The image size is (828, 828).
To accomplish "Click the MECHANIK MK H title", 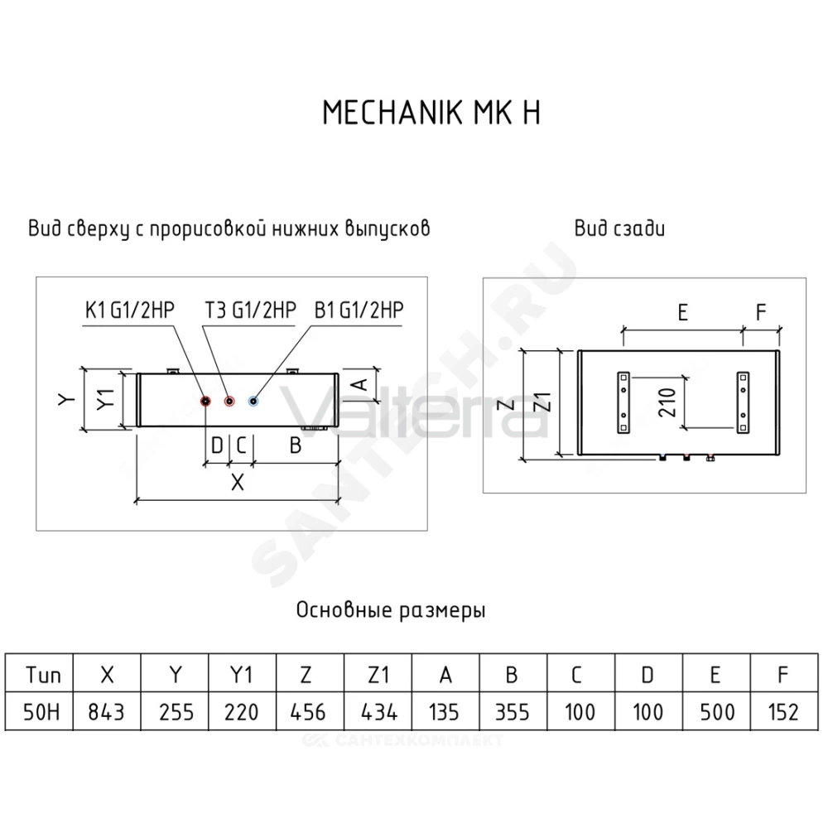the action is tap(431, 112).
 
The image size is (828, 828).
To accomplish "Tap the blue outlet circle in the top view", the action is tap(253, 402).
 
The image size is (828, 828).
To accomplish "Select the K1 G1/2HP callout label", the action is tap(130, 310).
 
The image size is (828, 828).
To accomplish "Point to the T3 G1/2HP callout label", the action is tap(250, 310).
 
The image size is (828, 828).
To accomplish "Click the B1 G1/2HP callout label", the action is tap(359, 310).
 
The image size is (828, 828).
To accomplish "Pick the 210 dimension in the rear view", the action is tap(667, 402).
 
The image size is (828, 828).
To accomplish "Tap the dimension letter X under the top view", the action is tap(238, 482).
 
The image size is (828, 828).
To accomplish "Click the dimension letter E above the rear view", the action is tap(683, 313).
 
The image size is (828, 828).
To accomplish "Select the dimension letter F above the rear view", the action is tap(760, 313).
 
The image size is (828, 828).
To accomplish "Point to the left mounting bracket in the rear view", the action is tap(623, 403).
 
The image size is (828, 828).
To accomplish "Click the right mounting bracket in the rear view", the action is tap(743, 403).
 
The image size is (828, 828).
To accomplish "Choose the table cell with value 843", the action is tap(107, 712).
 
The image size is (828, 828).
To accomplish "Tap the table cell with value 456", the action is tap(310, 712).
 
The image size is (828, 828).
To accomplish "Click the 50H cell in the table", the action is tap(39, 712).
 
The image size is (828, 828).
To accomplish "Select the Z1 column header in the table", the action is tap(378, 674).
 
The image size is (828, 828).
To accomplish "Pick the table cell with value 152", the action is tap(784, 712).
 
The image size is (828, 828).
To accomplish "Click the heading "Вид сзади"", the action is tap(619, 229).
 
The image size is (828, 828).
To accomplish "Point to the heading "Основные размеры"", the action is tap(391, 610).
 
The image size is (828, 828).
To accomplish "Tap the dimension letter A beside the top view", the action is tap(360, 384).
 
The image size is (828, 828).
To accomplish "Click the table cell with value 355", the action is tap(513, 712).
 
